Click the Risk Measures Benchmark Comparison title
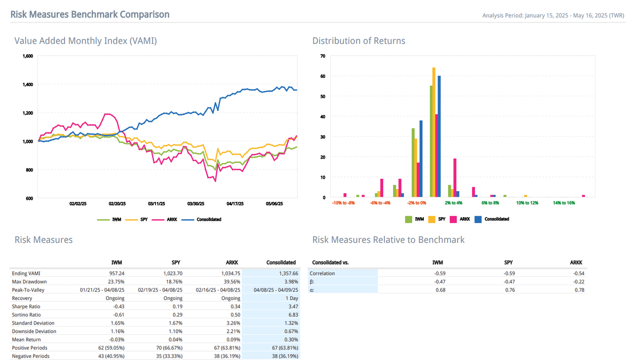pos(90,14)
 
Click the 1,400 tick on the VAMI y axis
pos(28,85)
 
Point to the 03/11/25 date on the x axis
pos(157,203)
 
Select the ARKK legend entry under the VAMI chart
pos(165,219)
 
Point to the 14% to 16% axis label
pos(564,203)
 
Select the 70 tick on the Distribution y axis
pos(323,56)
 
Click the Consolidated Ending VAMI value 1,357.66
pos(285,273)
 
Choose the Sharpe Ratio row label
pos(27,306)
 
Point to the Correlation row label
pos(322,273)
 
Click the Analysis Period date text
pos(553,15)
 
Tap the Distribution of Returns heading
pos(359,41)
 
